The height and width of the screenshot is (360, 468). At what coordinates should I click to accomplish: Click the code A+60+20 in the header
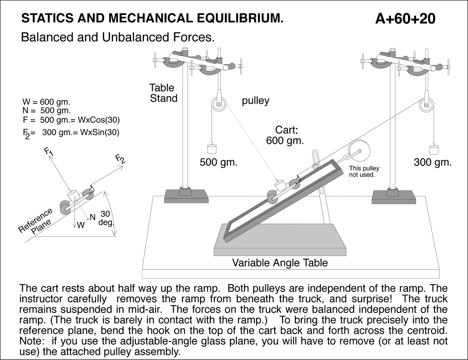[405, 19]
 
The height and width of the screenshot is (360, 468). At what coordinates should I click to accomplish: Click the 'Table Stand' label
[163, 93]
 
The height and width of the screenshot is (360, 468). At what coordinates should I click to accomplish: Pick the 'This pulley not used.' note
[364, 172]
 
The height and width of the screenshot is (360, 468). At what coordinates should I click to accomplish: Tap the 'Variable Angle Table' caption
[280, 263]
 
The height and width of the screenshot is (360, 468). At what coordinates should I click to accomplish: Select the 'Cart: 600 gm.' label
[285, 135]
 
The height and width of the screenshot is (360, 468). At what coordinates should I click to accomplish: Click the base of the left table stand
[186, 196]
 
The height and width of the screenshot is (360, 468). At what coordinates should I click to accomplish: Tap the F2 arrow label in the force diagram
[120, 159]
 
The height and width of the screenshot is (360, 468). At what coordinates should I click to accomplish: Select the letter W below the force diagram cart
[81, 225]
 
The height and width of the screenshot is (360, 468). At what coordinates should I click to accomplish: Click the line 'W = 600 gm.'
[46, 102]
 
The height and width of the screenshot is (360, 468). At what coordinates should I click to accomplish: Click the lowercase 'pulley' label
[255, 101]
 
